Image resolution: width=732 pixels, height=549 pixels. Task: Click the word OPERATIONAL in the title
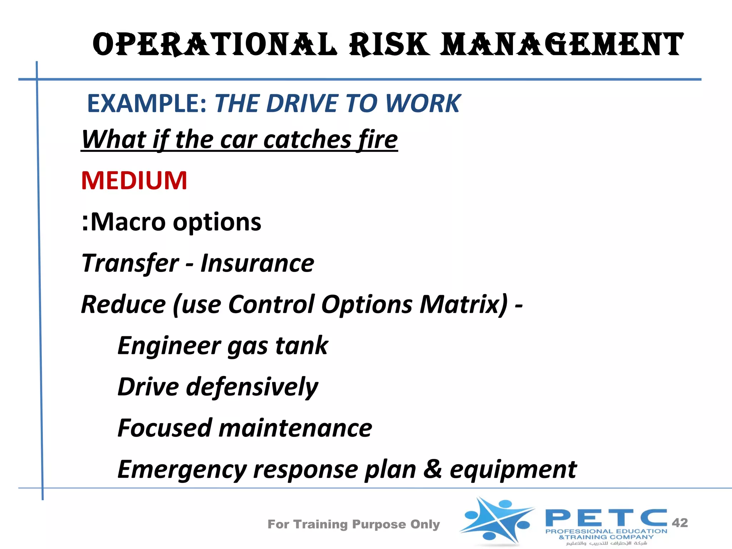214,45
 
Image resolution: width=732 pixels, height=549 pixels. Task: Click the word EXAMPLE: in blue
147,104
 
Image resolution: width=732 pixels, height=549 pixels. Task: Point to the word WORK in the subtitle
423,104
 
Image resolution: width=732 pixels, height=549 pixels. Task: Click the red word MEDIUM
134,180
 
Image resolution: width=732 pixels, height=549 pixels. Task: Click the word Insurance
257,263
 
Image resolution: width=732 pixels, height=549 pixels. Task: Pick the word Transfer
130,263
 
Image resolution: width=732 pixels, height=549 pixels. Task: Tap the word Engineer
169,346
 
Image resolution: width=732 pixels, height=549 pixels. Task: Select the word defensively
252,387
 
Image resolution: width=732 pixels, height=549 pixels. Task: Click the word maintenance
295,428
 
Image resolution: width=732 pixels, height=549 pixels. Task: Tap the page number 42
679,523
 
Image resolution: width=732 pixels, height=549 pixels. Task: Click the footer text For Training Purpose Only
353,524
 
